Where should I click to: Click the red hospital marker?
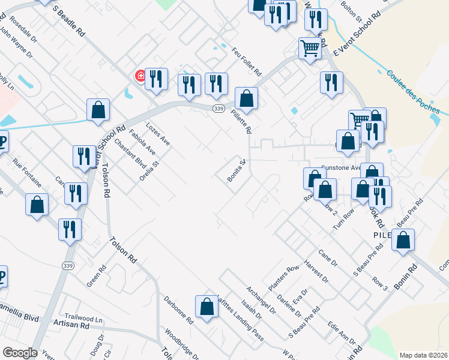[140, 76]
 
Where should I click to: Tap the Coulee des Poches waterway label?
[414, 92]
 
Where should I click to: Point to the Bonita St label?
[237, 170]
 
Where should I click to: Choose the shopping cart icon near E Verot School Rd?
[310, 48]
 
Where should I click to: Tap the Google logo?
[20, 353]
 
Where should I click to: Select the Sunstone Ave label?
[341, 168]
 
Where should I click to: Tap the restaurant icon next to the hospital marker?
[155, 79]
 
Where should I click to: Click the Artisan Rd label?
[76, 326]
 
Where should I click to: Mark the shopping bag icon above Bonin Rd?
[404, 240]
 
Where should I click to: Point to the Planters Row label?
[283, 277]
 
